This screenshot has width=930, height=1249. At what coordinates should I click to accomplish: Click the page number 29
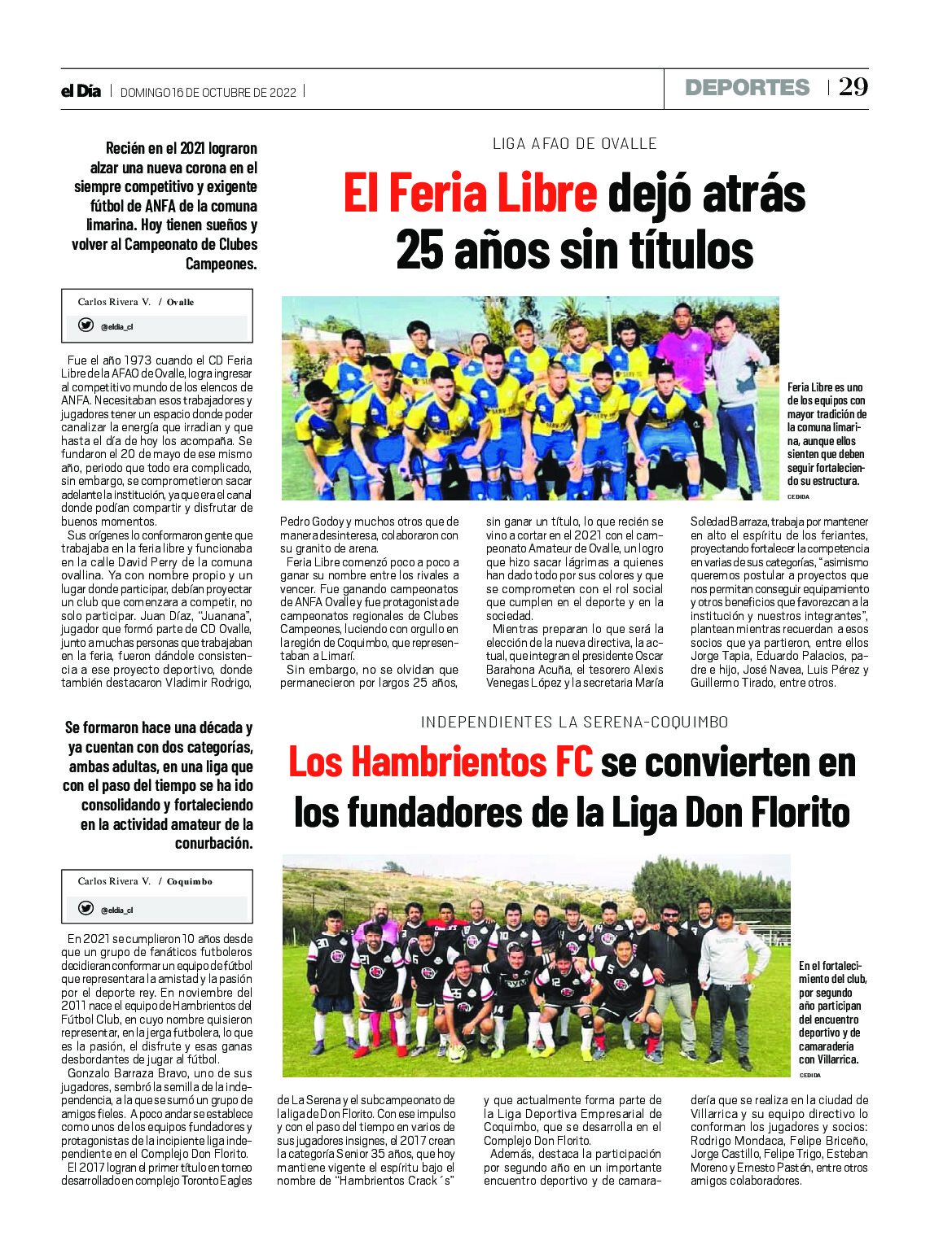click(853, 87)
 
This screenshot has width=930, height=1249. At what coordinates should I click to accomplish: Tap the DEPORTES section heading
click(747, 88)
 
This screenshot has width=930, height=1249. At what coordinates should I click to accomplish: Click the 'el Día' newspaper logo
click(81, 91)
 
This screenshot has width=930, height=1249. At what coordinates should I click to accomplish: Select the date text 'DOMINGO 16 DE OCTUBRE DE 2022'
click(208, 93)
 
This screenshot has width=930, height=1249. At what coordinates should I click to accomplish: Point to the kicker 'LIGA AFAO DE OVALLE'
click(574, 144)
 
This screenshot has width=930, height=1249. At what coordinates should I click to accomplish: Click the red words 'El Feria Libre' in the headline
click(470, 194)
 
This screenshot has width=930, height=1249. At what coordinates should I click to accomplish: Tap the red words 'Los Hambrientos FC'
click(441, 762)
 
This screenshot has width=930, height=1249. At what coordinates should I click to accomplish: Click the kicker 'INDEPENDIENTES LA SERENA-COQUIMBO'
click(574, 722)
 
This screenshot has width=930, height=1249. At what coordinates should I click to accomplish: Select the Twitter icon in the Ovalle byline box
click(86, 325)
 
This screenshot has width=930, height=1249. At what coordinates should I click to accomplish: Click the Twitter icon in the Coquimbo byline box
click(86, 908)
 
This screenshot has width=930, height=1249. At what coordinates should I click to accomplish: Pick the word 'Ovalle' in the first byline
click(181, 302)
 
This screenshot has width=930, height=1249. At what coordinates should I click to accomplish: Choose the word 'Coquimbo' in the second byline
click(190, 881)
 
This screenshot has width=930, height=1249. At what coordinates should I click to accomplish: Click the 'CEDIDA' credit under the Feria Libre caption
click(798, 496)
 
